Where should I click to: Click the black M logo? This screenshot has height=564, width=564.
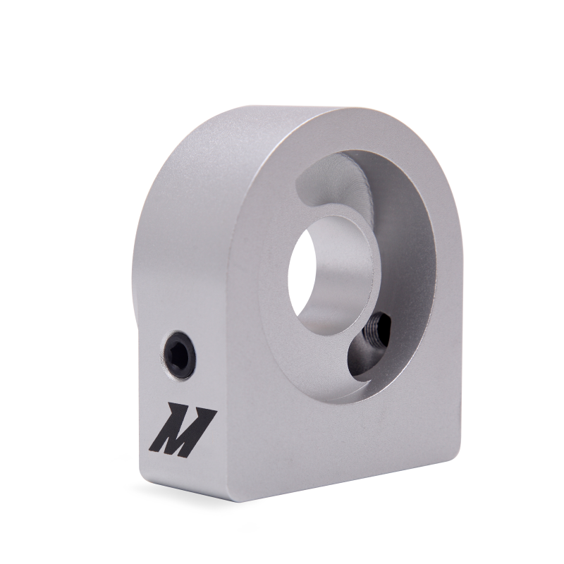pos(182,429)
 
